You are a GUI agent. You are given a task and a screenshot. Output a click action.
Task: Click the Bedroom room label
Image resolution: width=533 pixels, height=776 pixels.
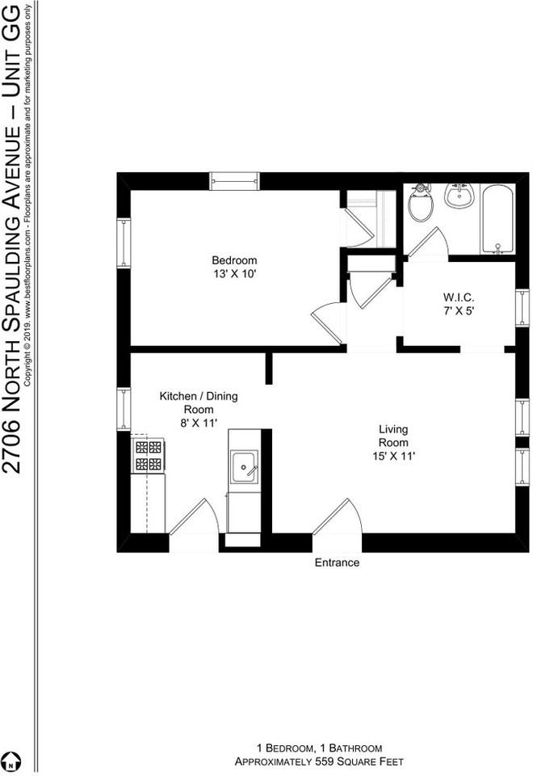(x=234, y=260)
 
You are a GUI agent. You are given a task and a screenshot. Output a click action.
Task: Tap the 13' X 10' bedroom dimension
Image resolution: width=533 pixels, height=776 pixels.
(x=234, y=275)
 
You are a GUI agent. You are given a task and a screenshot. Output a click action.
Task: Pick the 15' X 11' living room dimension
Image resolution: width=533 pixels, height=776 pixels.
(x=393, y=457)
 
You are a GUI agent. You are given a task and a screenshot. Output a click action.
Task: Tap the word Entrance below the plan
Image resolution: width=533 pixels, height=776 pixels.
(x=337, y=563)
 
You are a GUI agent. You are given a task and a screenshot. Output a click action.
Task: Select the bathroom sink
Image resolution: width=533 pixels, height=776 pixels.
(x=459, y=196)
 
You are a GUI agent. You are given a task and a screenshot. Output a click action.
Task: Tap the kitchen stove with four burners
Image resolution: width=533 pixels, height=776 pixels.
(x=148, y=455)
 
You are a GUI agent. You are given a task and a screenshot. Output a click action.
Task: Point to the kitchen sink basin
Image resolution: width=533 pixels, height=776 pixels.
(x=244, y=466)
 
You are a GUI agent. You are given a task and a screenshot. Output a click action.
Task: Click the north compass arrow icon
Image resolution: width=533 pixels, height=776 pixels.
(x=12, y=761)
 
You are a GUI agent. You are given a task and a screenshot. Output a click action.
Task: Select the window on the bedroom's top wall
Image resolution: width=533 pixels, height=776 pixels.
(x=234, y=180)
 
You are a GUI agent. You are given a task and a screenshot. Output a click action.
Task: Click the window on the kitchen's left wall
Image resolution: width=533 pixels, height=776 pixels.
(x=124, y=409)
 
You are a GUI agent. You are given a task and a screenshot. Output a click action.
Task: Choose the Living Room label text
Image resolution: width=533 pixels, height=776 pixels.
(x=393, y=436)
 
